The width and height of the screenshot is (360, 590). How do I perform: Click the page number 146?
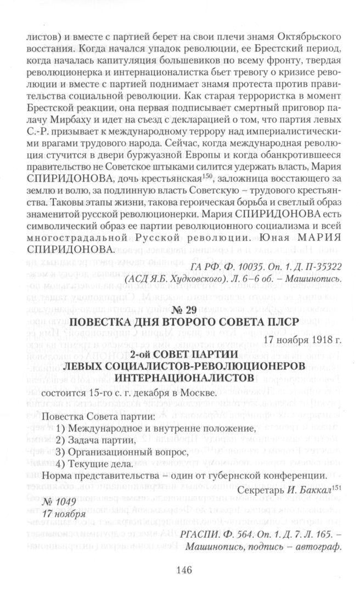(x=183, y=570)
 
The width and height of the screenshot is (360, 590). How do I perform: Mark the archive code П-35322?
(x=320, y=267)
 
